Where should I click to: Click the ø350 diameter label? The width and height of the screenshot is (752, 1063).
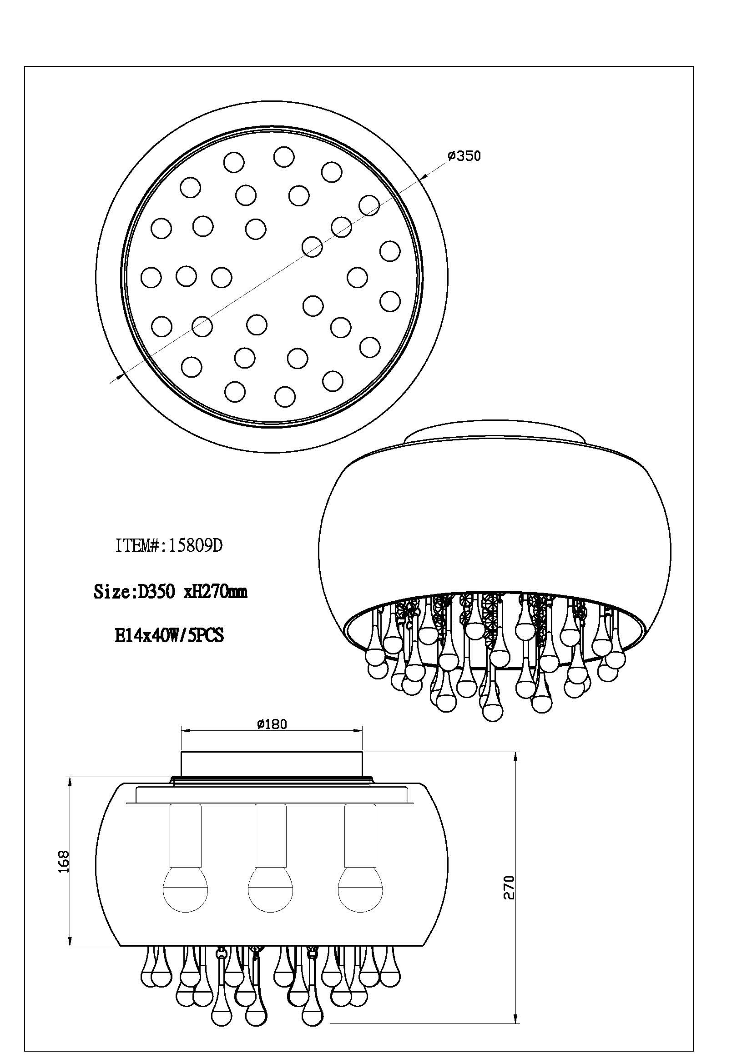[464, 156]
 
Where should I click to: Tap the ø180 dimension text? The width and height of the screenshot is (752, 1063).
[272, 724]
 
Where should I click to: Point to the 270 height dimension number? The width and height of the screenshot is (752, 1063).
[509, 900]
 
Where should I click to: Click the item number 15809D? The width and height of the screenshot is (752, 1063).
[196, 546]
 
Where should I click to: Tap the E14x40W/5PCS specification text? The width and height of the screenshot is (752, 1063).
[169, 635]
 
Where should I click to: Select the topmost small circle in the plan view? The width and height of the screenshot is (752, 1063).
[283, 157]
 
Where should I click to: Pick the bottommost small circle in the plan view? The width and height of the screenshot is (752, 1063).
[285, 396]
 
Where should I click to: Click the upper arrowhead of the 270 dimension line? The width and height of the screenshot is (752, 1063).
[516, 758]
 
